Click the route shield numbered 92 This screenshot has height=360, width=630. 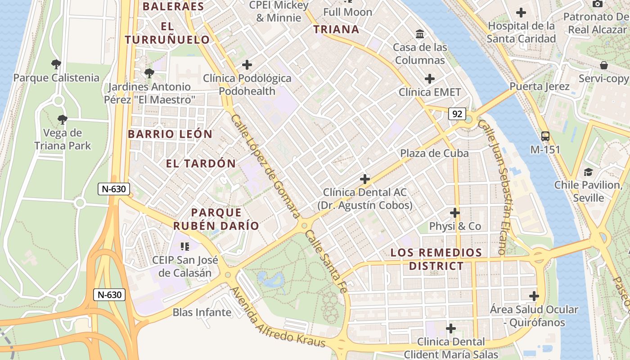click(457, 114)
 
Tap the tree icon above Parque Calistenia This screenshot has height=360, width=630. click(56, 64)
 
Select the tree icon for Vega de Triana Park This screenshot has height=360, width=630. click(63, 119)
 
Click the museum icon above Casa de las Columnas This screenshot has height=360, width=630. click(420, 34)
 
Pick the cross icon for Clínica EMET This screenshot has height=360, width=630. click(430, 79)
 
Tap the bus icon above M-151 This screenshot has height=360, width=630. click(545, 136)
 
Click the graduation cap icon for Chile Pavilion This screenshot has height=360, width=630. click(588, 172)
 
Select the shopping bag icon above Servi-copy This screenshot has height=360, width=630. click(603, 65)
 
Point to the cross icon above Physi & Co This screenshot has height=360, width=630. click(455, 212)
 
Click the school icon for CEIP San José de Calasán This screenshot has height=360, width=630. click(184, 246)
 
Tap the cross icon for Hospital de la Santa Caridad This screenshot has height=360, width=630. click(521, 13)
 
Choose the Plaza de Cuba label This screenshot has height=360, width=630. click(434, 153)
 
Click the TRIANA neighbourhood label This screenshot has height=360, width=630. click(336, 30)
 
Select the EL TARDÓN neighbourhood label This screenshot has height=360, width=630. click(201, 163)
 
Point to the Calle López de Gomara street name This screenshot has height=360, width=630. click(265, 166)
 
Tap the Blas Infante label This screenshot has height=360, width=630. click(202, 312)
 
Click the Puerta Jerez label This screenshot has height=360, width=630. click(540, 86)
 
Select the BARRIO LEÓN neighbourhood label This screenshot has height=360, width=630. click(170, 134)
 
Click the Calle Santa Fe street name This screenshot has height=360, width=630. click(326, 261)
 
